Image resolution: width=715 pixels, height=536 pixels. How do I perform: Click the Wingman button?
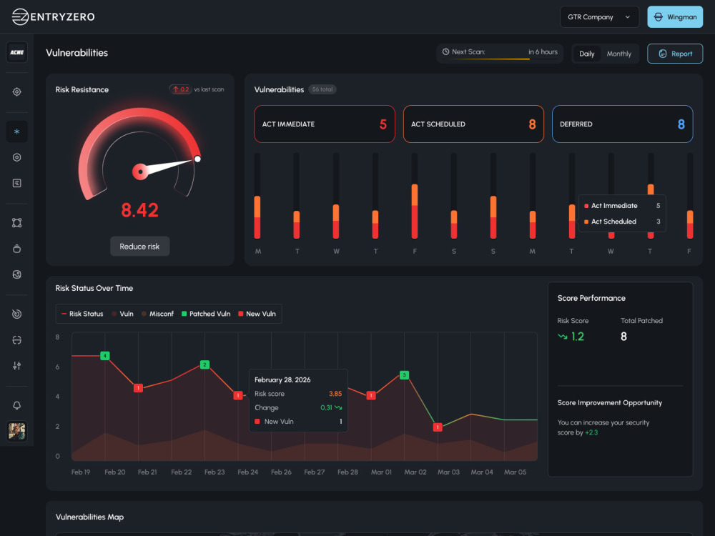(x=675, y=17)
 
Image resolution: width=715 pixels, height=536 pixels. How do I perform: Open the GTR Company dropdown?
(x=599, y=17)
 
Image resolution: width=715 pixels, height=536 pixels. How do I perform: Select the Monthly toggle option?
(x=618, y=54)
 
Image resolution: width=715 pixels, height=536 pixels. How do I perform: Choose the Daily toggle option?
(x=586, y=54)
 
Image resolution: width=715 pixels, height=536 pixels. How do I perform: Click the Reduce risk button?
(x=139, y=246)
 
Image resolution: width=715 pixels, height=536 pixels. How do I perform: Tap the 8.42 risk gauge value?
(x=139, y=210)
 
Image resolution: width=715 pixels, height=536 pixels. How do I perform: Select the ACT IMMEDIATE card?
(x=324, y=124)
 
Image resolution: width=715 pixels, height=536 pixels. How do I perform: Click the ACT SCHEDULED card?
(x=473, y=124)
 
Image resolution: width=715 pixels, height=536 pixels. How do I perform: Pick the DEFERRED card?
(x=623, y=124)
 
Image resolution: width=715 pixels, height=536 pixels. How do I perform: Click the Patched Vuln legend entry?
(x=206, y=314)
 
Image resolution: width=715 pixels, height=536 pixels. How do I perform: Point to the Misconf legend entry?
(x=157, y=314)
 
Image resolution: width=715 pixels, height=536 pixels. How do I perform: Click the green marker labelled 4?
(x=105, y=355)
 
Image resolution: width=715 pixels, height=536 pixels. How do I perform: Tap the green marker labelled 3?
(x=404, y=375)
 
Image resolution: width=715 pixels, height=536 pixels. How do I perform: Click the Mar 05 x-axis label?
(x=515, y=472)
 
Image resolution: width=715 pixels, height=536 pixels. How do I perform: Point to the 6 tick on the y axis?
(x=57, y=367)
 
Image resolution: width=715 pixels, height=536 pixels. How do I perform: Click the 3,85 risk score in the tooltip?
(x=335, y=394)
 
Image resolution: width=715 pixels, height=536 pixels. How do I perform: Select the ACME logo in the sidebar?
(x=17, y=52)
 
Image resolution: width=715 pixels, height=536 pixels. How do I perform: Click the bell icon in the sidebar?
(x=17, y=405)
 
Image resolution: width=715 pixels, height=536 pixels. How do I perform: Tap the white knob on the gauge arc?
(x=197, y=159)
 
